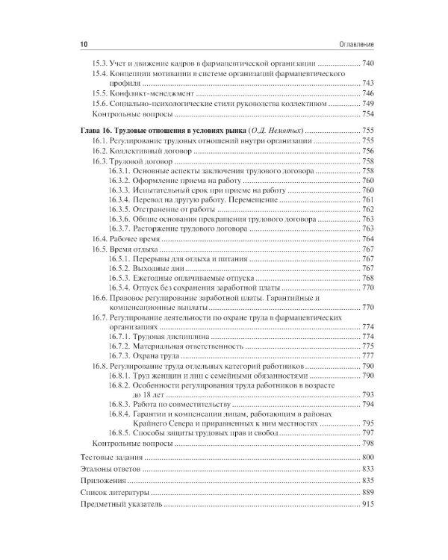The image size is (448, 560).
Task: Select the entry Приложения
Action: [x=105, y=481]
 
